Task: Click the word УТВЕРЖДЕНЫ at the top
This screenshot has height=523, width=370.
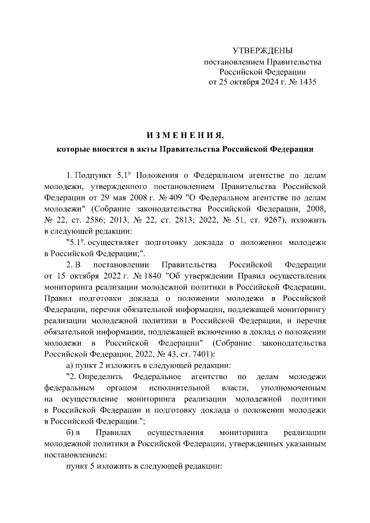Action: (262, 51)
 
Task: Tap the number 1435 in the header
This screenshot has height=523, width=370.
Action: (306, 82)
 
